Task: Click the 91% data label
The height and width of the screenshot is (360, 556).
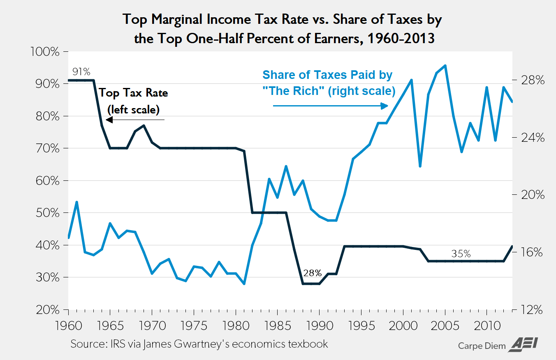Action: click(81, 72)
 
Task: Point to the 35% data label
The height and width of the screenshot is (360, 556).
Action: click(461, 254)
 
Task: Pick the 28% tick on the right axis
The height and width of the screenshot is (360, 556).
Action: click(532, 81)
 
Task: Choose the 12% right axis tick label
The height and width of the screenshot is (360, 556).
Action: click(532, 309)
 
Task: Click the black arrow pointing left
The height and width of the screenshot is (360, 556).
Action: click(135, 120)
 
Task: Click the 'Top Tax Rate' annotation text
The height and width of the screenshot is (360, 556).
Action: click(133, 93)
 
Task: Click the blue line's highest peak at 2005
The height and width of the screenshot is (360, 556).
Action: click(445, 65)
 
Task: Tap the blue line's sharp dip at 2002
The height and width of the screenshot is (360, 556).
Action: click(420, 166)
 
